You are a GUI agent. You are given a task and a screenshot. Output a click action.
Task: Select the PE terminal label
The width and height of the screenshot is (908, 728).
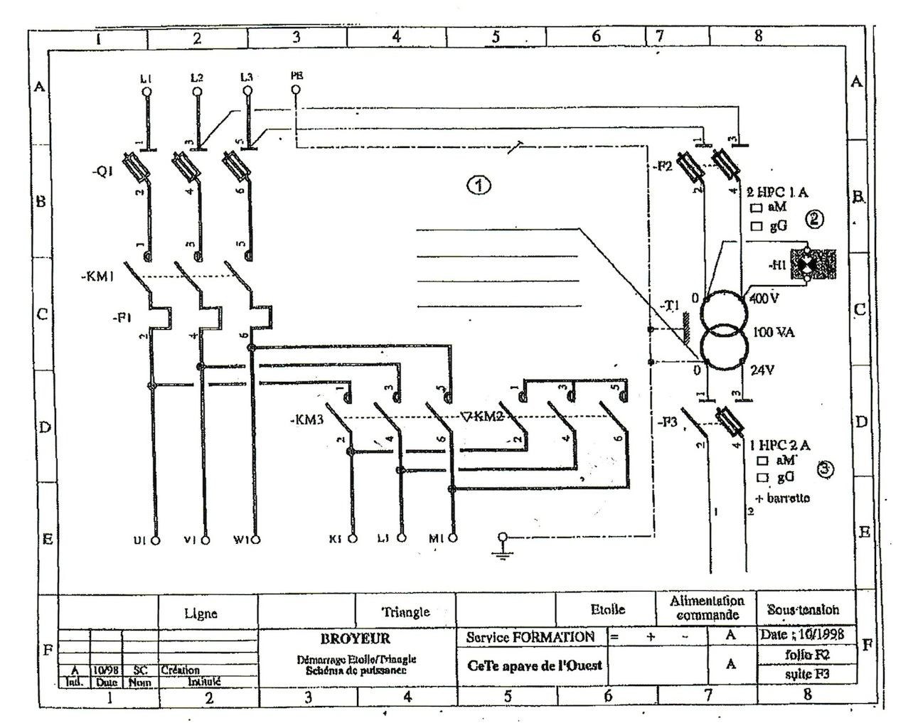point(297,75)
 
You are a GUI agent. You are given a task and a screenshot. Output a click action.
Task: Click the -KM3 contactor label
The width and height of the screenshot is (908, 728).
point(307,419)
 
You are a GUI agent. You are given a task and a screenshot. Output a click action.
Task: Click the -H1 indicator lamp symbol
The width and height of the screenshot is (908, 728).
point(807,264)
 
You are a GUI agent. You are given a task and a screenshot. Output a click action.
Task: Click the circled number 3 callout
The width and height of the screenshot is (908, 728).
point(824,469)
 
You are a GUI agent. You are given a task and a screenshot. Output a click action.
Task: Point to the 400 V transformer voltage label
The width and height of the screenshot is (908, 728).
point(763,299)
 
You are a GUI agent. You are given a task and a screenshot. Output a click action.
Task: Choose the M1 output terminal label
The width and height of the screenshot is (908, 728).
point(435,540)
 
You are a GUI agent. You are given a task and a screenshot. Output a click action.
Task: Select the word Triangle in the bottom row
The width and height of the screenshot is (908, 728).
point(405,611)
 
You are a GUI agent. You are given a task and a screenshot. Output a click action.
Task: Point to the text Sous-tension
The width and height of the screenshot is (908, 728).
point(803,609)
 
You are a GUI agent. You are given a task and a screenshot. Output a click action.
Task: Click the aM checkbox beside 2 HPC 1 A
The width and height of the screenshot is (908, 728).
point(756,208)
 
